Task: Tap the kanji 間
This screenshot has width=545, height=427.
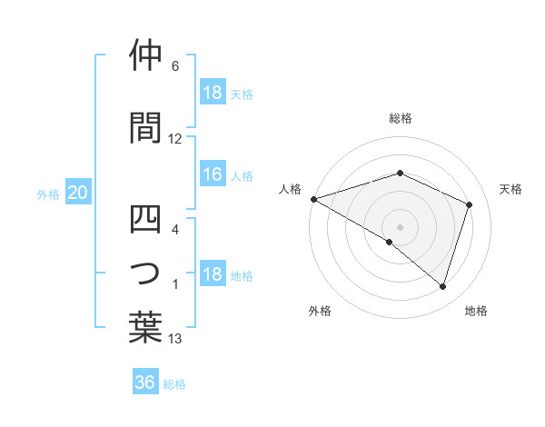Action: click(145, 127)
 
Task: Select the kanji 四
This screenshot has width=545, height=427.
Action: click(145, 219)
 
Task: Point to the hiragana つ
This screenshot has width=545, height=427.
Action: click(145, 273)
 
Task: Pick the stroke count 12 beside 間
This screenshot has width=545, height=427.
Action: click(175, 139)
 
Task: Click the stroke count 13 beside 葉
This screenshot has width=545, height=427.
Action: click(175, 339)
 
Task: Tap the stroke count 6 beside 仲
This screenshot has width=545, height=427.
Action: click(175, 66)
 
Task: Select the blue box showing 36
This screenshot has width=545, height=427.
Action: click(145, 382)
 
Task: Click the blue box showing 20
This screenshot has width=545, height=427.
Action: click(78, 193)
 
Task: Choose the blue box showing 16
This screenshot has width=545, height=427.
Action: click(213, 175)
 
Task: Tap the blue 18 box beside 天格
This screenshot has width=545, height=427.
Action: click(213, 93)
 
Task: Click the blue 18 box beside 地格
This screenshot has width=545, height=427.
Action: click(213, 275)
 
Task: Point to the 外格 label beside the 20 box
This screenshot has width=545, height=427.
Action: click(48, 194)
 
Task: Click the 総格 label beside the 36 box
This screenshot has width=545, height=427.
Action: click(174, 383)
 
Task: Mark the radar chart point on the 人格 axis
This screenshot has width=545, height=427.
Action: click(313, 198)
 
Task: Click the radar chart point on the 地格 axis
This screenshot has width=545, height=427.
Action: click(442, 287)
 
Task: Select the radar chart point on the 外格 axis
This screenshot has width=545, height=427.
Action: click(390, 242)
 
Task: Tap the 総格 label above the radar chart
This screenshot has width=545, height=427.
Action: click(400, 118)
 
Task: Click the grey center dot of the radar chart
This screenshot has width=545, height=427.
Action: click(400, 226)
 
